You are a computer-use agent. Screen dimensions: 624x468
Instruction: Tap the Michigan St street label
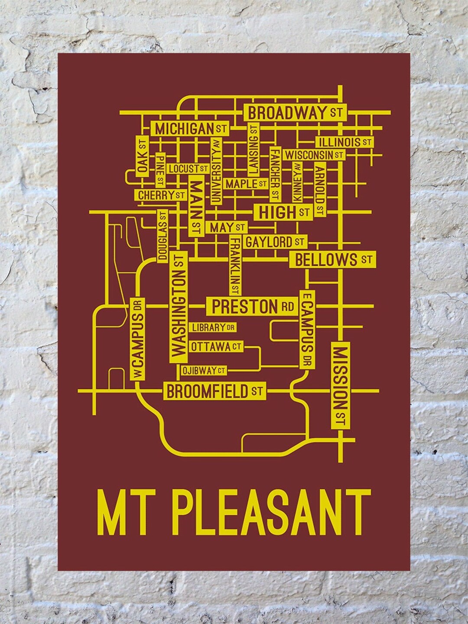click(190, 129)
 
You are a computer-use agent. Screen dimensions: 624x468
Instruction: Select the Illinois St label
click(345, 142)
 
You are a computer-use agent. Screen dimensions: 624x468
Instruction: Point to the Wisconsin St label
click(314, 155)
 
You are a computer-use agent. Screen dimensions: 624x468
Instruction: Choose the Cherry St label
click(162, 195)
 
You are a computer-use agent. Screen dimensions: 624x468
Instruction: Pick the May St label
click(227, 227)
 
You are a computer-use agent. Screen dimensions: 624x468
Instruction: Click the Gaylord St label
click(275, 241)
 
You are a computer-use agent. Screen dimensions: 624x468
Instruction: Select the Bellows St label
click(333, 260)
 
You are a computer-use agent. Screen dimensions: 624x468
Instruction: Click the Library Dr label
click(213, 328)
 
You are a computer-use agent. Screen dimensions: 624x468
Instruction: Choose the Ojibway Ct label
click(204, 370)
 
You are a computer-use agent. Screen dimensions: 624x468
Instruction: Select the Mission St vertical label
click(340, 386)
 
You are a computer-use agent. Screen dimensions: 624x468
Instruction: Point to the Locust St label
click(188, 169)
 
